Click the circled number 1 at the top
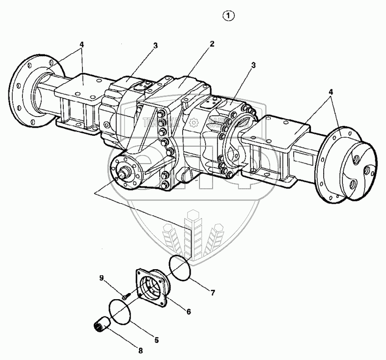[x=229, y=16]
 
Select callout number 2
[x=212, y=44]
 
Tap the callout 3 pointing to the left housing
[x=155, y=45]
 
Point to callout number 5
[x=157, y=340]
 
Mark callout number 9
[x=101, y=278]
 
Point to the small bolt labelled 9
[x=126, y=295]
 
